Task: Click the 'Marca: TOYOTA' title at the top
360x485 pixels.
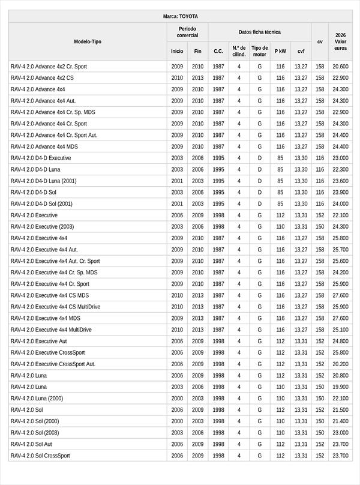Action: tap(180, 16)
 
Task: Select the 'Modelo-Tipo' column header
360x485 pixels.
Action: tap(88, 41)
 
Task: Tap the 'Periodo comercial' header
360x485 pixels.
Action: tap(187, 32)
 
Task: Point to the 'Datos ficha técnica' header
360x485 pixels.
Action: tap(259, 32)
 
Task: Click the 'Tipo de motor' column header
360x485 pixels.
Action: tap(260, 51)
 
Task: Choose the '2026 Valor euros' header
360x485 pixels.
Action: tap(340, 41)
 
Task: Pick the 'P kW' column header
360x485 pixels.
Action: tap(280, 52)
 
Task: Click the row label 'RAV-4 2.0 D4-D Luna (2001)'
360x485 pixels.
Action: tap(43, 181)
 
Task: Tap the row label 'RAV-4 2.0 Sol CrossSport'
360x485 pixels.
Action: tap(40, 456)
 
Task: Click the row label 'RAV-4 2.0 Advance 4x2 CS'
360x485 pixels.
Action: tap(42, 78)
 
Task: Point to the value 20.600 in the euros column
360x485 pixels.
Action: tap(340, 67)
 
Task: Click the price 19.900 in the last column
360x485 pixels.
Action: tap(340, 387)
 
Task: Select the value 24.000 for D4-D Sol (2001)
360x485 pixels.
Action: tap(340, 204)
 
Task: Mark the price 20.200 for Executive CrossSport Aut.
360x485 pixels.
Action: tap(340, 364)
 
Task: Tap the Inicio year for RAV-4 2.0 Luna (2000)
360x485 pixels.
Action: tap(177, 399)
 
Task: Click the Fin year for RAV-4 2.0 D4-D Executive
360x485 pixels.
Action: tap(197, 158)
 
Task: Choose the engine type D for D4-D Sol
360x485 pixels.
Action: tap(260, 193)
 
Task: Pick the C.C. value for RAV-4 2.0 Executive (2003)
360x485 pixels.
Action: tap(218, 227)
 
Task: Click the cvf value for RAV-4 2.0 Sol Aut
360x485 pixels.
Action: tap(301, 444)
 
